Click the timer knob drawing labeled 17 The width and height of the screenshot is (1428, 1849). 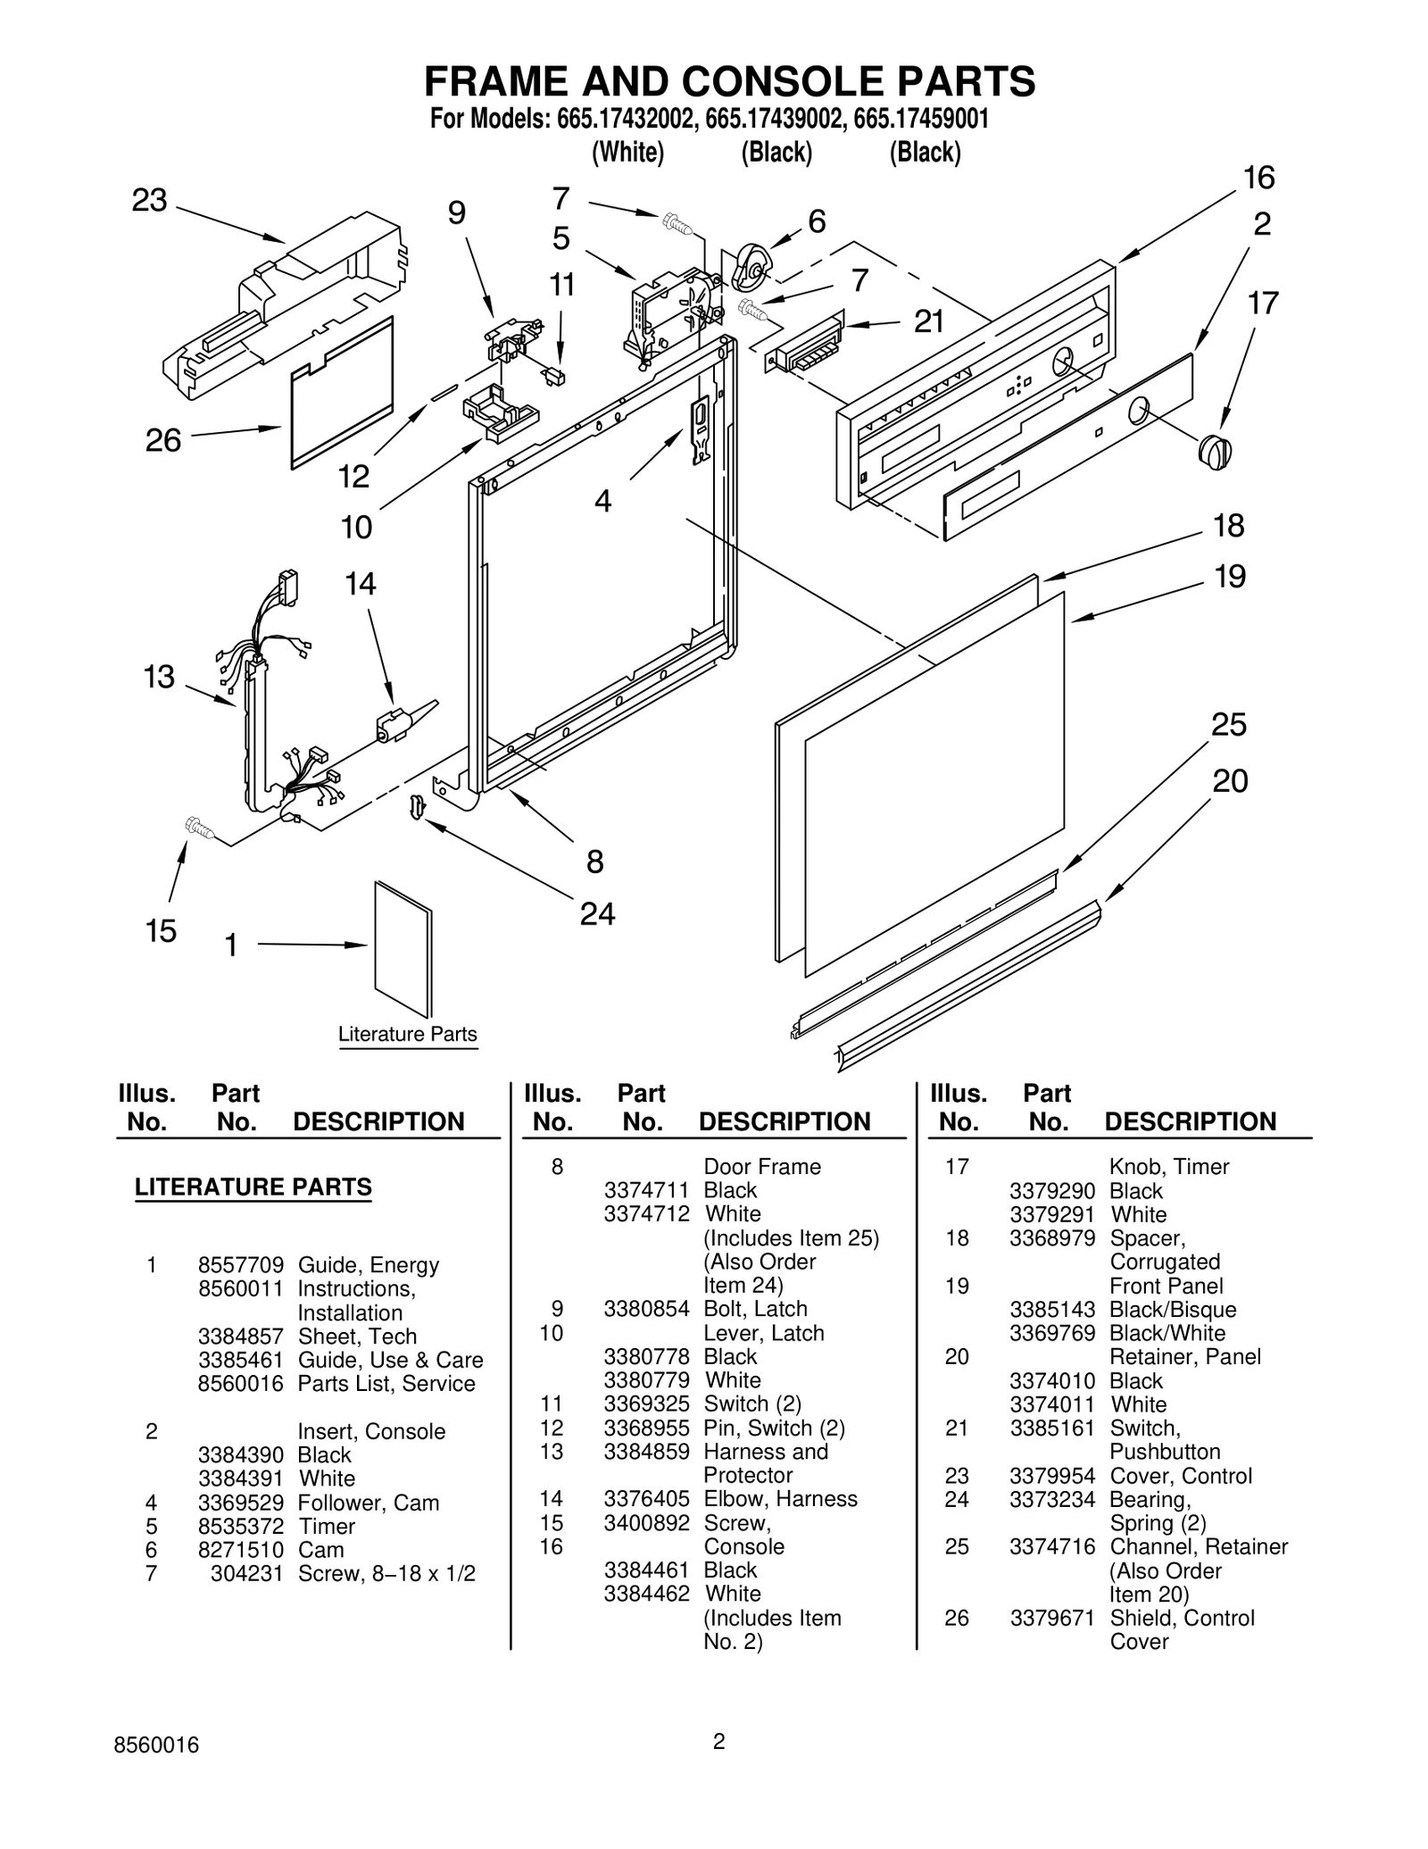pyautogui.click(x=1214, y=451)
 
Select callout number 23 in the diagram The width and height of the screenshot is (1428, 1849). pyautogui.click(x=149, y=201)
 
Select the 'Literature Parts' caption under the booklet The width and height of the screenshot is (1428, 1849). pyautogui.click(x=408, y=1034)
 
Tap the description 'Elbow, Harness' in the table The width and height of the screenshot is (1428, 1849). pyautogui.click(x=780, y=1498)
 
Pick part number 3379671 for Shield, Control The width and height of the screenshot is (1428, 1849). pyautogui.click(x=1051, y=1618)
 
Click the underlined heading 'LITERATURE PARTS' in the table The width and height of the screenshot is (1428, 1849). pyautogui.click(x=253, y=1187)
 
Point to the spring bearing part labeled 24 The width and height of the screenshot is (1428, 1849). pyautogui.click(x=416, y=805)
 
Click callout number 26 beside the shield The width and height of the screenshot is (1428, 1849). pyautogui.click(x=163, y=440)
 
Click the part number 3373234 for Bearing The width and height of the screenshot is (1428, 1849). pyautogui.click(x=1051, y=1499)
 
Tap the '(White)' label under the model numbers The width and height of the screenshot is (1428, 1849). pyautogui.click(x=628, y=153)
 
